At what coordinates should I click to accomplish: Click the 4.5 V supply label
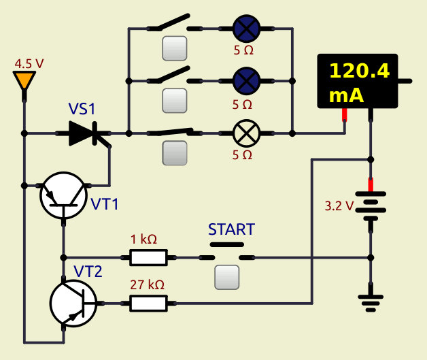click(x=29, y=64)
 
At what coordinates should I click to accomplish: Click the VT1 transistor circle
click(x=63, y=195)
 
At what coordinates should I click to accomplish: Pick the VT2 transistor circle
click(x=73, y=303)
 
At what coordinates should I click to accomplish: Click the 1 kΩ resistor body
click(x=148, y=257)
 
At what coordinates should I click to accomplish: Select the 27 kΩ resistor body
click(x=148, y=303)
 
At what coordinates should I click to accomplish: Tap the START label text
click(x=231, y=229)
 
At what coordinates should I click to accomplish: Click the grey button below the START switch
click(x=227, y=278)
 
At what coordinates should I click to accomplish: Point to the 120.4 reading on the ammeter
click(x=360, y=71)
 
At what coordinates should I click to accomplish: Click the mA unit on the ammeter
click(x=346, y=95)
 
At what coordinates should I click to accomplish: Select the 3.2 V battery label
click(x=339, y=206)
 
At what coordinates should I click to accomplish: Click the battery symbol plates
click(x=371, y=206)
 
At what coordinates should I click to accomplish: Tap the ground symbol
click(x=371, y=303)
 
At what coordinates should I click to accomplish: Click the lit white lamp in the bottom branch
click(x=246, y=133)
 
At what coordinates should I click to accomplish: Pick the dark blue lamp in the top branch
click(x=246, y=29)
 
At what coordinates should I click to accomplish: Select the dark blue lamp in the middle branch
click(x=246, y=81)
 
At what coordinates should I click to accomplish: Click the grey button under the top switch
click(x=175, y=48)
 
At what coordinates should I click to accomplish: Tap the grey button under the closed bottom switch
click(x=175, y=153)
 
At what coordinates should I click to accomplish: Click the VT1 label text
click(x=105, y=204)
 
